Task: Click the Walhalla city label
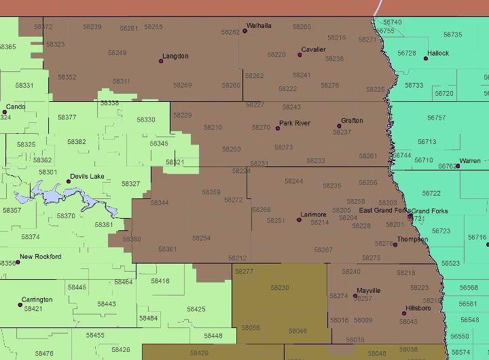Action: pyautogui.click(x=259, y=26)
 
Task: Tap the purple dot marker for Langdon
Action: pyautogui.click(x=161, y=61)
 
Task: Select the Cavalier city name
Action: pyautogui.click(x=314, y=50)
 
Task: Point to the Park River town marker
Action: pyautogui.click(x=277, y=128)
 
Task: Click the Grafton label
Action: pyautogui.click(x=352, y=121)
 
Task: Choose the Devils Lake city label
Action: pyautogui.click(x=88, y=177)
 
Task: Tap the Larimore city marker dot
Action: pyautogui.click(x=300, y=219)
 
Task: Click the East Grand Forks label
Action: pyautogui.click(x=383, y=211)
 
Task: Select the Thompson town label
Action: pyautogui.click(x=412, y=240)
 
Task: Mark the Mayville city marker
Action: pyautogui.click(x=355, y=295)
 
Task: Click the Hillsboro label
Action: pyautogui.click(x=418, y=308)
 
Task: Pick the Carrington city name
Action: pyautogui.click(x=37, y=300)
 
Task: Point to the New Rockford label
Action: pyautogui.click(x=40, y=257)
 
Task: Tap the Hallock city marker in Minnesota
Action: pyautogui.click(x=426, y=58)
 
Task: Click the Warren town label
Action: pyautogui.click(x=469, y=162)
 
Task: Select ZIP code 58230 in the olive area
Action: pyautogui.click(x=279, y=288)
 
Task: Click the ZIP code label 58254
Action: pyautogui.click(x=201, y=238)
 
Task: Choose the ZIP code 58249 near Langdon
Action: pyautogui.click(x=117, y=53)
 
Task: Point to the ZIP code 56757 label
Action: pyautogui.click(x=436, y=118)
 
